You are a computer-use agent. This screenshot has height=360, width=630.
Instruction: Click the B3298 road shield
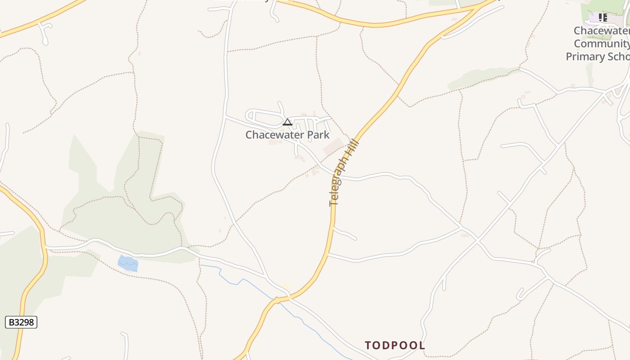click(21, 322)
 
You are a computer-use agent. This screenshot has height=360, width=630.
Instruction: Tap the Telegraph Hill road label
click(344, 173)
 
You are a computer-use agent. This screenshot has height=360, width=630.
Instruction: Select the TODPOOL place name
click(395, 345)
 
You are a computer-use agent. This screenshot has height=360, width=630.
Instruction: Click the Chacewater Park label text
click(287, 135)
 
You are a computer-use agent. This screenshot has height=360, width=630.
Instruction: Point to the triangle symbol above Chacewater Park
click(287, 122)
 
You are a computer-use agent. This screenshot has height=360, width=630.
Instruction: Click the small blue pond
click(128, 263)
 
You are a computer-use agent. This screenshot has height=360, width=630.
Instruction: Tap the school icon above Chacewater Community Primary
click(603, 18)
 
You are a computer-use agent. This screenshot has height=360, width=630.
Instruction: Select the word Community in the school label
click(601, 44)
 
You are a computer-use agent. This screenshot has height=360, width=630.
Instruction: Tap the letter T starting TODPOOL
click(368, 346)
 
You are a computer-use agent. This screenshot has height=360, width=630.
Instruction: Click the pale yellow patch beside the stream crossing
click(284, 286)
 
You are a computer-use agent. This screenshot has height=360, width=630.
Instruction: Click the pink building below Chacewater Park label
click(273, 142)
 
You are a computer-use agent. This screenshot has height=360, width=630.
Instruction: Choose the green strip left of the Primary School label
click(589, 75)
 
